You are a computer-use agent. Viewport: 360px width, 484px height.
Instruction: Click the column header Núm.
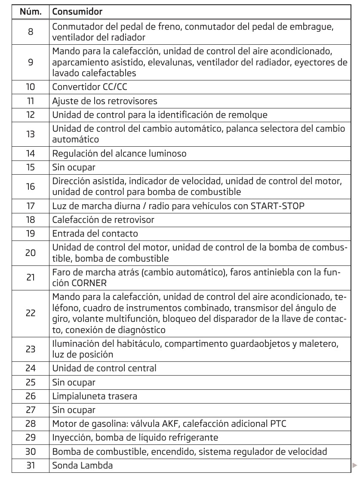31,10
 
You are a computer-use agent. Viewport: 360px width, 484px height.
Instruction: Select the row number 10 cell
31,87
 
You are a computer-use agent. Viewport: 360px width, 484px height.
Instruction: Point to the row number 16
31,186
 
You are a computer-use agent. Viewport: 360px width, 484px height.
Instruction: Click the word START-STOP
277,207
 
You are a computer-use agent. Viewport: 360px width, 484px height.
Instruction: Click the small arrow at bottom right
354,465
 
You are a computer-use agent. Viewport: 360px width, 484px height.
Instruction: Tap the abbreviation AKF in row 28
186,424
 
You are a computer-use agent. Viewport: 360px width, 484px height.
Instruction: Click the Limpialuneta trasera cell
95,396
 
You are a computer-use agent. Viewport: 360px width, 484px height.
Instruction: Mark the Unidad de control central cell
104,368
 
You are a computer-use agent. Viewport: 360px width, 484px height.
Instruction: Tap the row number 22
31,314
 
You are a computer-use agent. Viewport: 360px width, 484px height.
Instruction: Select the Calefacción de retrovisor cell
103,220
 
